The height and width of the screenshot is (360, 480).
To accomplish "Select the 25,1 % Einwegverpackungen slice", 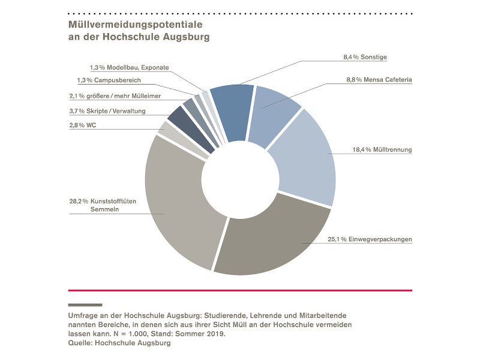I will (270, 246).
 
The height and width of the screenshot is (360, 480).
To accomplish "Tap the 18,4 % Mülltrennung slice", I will (303, 159).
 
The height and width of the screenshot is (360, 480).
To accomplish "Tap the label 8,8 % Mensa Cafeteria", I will (379, 79).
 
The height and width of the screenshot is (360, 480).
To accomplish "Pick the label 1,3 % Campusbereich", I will (105, 80).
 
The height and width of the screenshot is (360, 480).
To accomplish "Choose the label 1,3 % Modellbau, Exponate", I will (129, 67).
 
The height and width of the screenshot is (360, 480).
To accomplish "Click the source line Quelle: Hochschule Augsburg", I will (120, 343).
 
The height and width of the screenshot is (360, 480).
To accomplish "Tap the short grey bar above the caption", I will (85, 305).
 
